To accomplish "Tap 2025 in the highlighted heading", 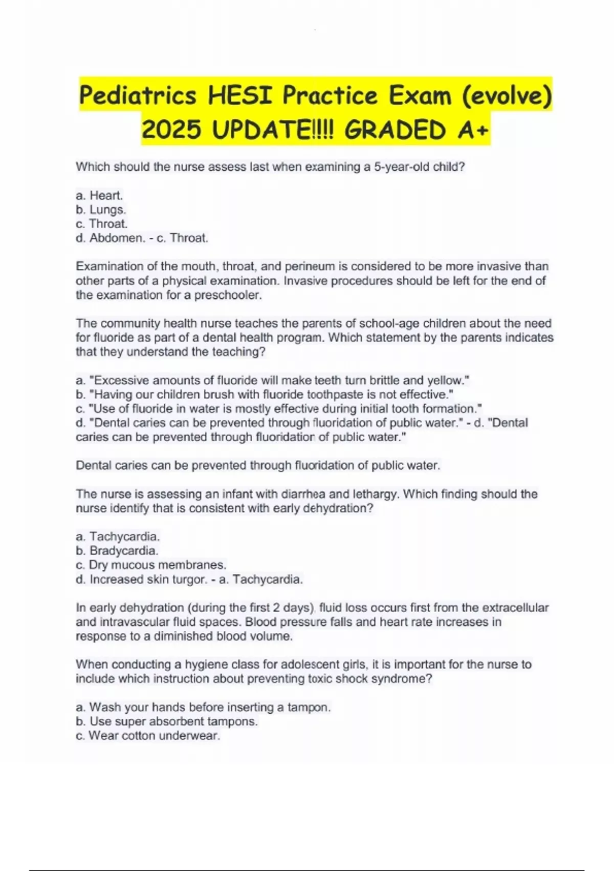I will pos(171,130).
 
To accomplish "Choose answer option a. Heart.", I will pos(99,195).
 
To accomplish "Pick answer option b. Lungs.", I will pos(101,210).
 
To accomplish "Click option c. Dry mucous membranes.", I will pos(151,565).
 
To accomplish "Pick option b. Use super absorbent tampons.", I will pos(167,721).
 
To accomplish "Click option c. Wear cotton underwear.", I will pos(148,736).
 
